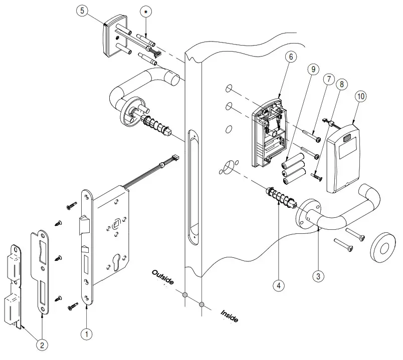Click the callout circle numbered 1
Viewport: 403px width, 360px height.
(x=86, y=332)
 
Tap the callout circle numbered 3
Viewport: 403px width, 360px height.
(x=318, y=275)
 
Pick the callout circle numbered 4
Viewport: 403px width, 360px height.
(x=279, y=285)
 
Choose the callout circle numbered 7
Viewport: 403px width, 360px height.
(x=329, y=79)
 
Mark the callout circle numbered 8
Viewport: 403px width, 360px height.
(x=343, y=85)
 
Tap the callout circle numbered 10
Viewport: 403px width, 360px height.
(x=360, y=96)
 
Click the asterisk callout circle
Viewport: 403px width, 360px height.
(x=146, y=12)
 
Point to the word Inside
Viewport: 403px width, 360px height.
(x=230, y=316)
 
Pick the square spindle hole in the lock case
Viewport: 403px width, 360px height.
(x=116, y=219)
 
